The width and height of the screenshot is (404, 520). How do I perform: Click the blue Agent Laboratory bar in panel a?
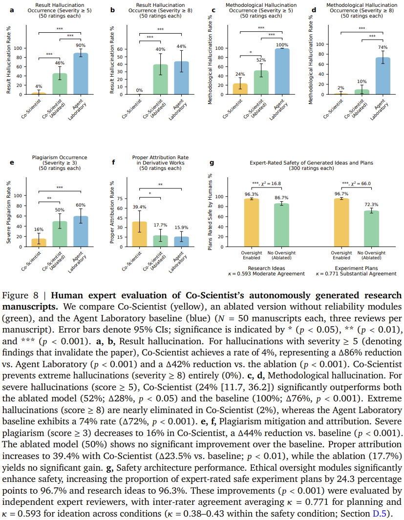[x=81, y=74]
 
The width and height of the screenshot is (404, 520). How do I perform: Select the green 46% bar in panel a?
[x=60, y=84]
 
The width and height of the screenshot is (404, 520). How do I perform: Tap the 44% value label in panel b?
[x=181, y=46]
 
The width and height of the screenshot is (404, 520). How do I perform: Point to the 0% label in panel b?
[x=139, y=90]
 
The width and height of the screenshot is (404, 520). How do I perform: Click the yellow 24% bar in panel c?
[x=240, y=89]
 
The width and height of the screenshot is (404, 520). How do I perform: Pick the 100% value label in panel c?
[x=282, y=45]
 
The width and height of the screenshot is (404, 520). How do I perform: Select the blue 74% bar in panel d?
[x=383, y=76]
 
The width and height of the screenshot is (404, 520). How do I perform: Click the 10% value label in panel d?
[x=362, y=82]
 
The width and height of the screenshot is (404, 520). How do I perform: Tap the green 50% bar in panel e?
[x=60, y=234]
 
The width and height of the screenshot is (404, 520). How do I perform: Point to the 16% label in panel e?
[x=39, y=229]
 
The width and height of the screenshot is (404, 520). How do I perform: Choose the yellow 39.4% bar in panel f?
[x=139, y=234]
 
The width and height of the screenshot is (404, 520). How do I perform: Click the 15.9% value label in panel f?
[x=181, y=228]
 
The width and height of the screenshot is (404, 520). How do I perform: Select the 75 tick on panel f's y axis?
[x=120, y=199]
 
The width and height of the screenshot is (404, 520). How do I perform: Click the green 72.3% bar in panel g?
[x=371, y=229]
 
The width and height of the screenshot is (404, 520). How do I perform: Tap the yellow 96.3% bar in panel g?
[x=252, y=223]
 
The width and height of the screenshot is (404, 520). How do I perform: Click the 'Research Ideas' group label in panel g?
[x=266, y=268]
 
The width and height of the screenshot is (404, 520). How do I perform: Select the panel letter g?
[x=212, y=163]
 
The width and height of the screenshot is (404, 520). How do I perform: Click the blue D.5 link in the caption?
[x=380, y=514]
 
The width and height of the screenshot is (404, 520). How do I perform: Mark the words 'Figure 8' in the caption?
[x=20, y=295]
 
